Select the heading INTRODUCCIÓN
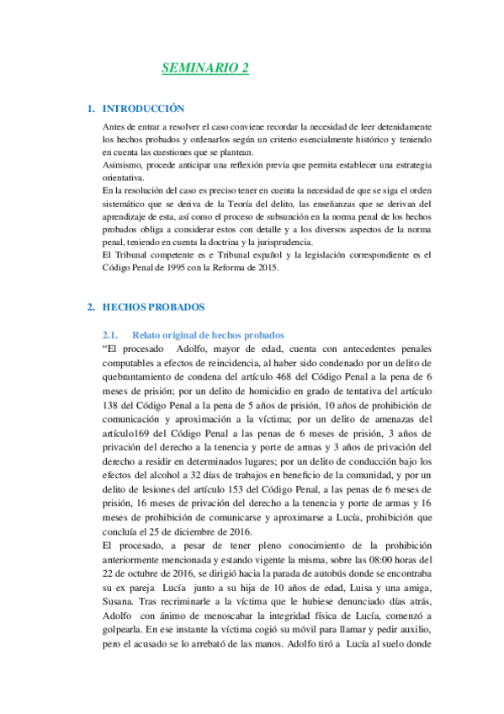point(142,109)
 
